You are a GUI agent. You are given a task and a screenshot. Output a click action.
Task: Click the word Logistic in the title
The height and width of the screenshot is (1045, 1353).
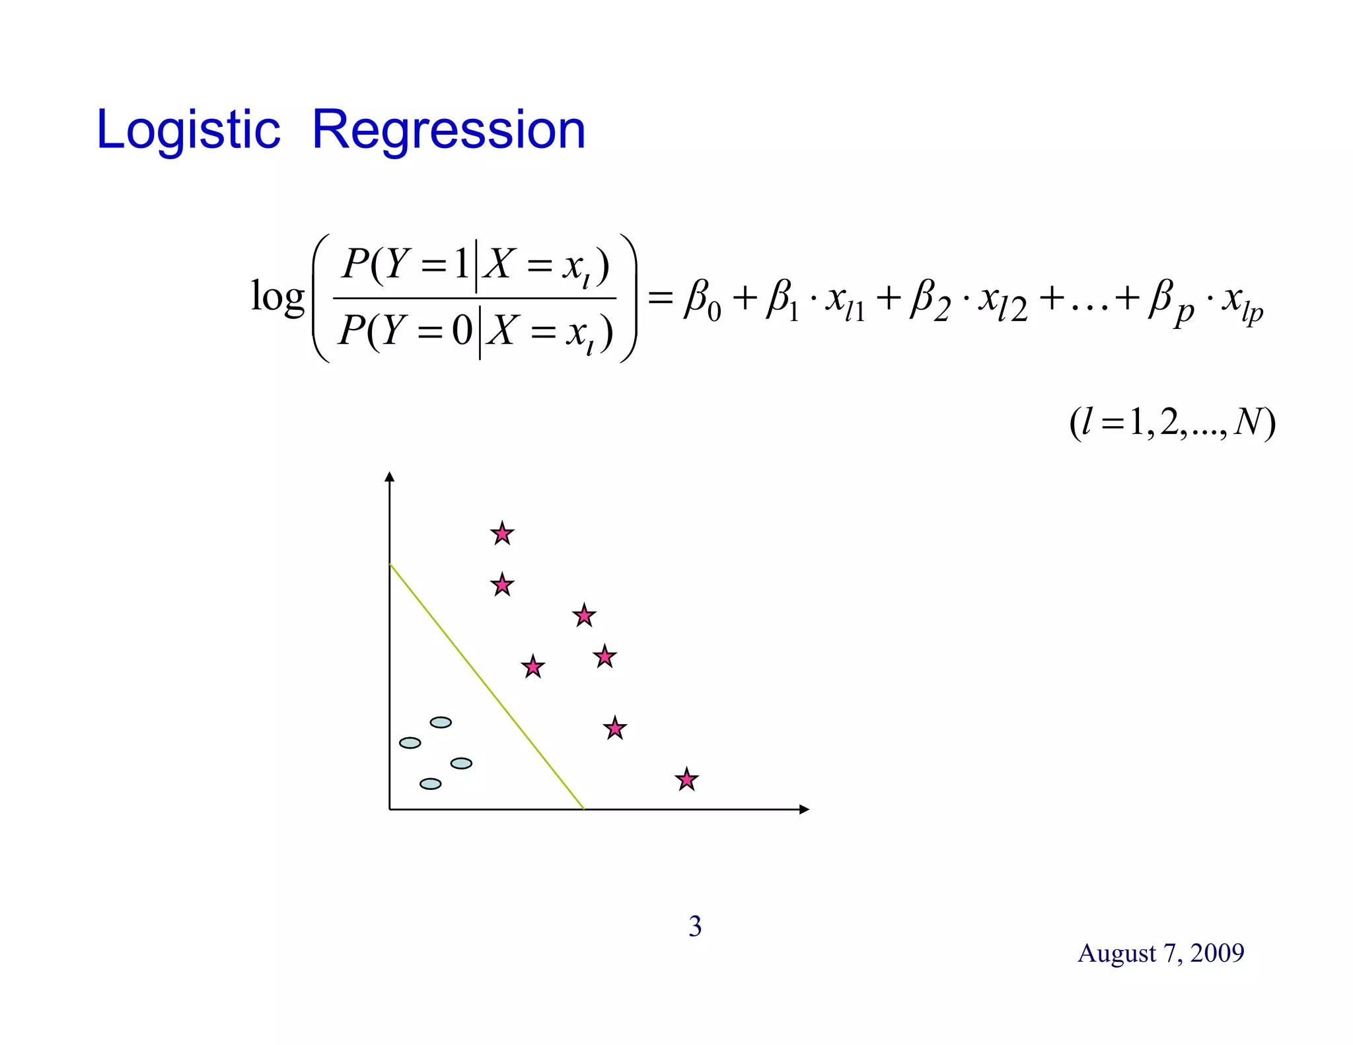188,130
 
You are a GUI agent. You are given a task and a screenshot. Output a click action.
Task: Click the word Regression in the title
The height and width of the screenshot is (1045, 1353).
449,130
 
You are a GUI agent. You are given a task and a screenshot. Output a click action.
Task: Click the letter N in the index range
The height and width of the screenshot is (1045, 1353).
1247,422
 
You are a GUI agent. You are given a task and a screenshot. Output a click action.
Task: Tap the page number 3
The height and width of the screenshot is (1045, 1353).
695,926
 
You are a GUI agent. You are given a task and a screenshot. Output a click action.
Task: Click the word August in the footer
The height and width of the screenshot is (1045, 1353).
1116,953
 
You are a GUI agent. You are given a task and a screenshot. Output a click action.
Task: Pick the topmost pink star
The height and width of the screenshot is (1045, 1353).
502,533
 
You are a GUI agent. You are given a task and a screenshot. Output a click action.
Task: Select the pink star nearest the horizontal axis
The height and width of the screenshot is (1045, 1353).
687,780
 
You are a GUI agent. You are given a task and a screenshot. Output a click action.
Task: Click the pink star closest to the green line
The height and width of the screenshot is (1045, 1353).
532,667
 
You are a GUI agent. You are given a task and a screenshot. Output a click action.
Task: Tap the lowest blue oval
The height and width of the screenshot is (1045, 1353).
430,784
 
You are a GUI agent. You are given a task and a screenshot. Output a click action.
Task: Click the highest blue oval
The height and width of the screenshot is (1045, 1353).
441,722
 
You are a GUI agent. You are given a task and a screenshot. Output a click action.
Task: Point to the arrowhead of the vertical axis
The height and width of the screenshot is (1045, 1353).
390,477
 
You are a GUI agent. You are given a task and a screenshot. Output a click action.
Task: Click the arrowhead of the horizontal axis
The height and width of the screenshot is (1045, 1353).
804,809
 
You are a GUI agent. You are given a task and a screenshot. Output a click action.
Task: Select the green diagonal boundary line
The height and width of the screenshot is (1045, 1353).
487,686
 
